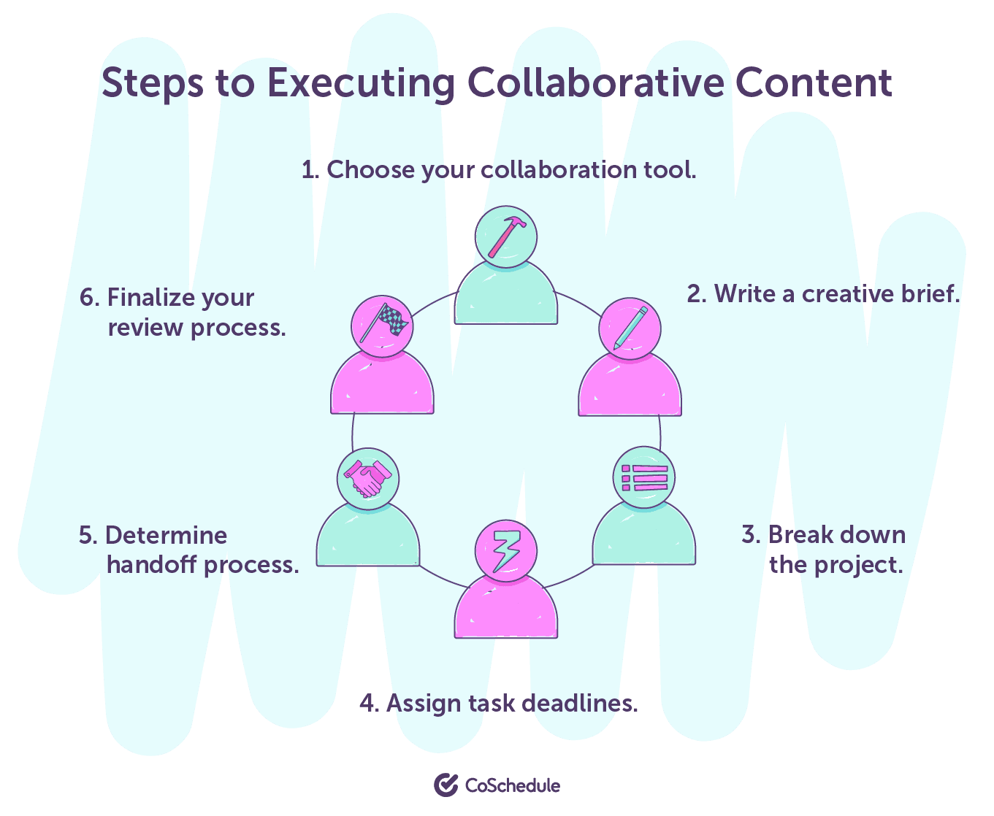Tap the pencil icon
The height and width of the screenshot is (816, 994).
[x=630, y=328]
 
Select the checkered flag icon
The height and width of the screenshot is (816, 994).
[x=382, y=326]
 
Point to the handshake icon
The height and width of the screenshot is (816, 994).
[x=367, y=479]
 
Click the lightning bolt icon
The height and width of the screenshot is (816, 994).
[x=505, y=551]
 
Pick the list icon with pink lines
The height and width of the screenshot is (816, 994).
[x=643, y=478]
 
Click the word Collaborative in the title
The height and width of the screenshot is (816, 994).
[x=595, y=82]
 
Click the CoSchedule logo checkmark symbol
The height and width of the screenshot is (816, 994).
[x=446, y=785]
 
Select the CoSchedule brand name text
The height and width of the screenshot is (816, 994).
[x=513, y=785]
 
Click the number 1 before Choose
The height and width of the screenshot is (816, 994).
[x=309, y=170]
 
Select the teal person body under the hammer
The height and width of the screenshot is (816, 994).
[x=505, y=296]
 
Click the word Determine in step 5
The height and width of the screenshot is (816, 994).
[x=166, y=535]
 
